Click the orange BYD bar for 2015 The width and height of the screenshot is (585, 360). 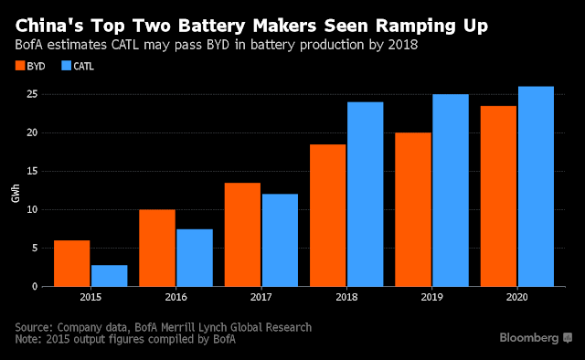point(71,263)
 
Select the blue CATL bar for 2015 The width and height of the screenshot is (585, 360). point(110,276)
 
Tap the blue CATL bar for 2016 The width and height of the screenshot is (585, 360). point(195,258)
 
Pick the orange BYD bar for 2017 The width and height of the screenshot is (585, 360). point(242,235)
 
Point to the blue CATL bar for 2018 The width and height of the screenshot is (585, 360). point(366,195)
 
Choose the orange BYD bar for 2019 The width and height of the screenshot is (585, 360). point(413,209)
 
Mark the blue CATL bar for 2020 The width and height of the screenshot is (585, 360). point(536,186)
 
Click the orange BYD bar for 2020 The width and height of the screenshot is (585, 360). point(498,196)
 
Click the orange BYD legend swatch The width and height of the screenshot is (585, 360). point(20,66)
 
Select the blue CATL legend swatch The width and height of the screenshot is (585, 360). point(67,66)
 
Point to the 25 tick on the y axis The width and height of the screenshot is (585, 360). point(32,94)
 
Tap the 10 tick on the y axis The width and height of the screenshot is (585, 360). point(32,209)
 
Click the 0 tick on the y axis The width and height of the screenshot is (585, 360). point(35,287)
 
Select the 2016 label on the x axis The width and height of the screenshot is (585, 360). point(176,297)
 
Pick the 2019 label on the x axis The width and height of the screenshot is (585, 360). point(432,297)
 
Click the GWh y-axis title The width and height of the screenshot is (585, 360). point(16,193)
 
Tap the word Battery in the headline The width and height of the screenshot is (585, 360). point(211,26)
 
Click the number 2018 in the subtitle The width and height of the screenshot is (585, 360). point(403,45)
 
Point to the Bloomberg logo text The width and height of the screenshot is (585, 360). point(528,338)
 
